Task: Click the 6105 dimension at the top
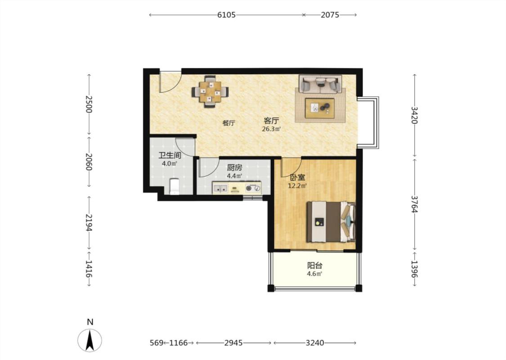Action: (226, 15)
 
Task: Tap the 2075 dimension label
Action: (330, 15)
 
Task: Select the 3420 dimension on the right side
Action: (415, 115)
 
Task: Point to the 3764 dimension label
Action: (415, 204)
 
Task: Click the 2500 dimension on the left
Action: (89, 104)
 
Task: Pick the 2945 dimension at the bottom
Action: (233, 343)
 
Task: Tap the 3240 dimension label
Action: (315, 343)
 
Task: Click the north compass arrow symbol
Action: (90, 340)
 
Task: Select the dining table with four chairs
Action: (210, 92)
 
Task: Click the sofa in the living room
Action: (320, 85)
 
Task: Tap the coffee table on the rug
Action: (320, 108)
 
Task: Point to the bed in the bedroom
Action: (331, 222)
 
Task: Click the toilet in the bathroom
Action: (174, 187)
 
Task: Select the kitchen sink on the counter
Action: (220, 188)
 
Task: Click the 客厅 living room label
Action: (271, 121)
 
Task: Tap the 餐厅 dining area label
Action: (228, 123)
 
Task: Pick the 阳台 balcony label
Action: (315, 265)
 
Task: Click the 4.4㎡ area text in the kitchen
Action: (234, 176)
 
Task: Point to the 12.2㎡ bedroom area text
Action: (297, 186)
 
